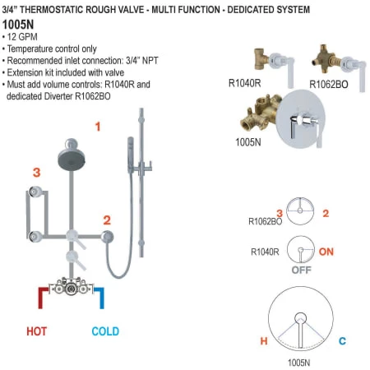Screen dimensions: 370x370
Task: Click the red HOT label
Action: click(x=36, y=331)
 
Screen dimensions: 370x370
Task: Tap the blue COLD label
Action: click(x=105, y=331)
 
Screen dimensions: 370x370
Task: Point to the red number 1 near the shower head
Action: click(x=97, y=127)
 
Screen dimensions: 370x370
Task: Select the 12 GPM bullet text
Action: click(x=29, y=39)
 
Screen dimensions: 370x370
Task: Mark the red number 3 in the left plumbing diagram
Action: click(x=36, y=172)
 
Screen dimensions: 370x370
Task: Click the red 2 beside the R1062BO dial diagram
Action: click(x=326, y=214)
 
